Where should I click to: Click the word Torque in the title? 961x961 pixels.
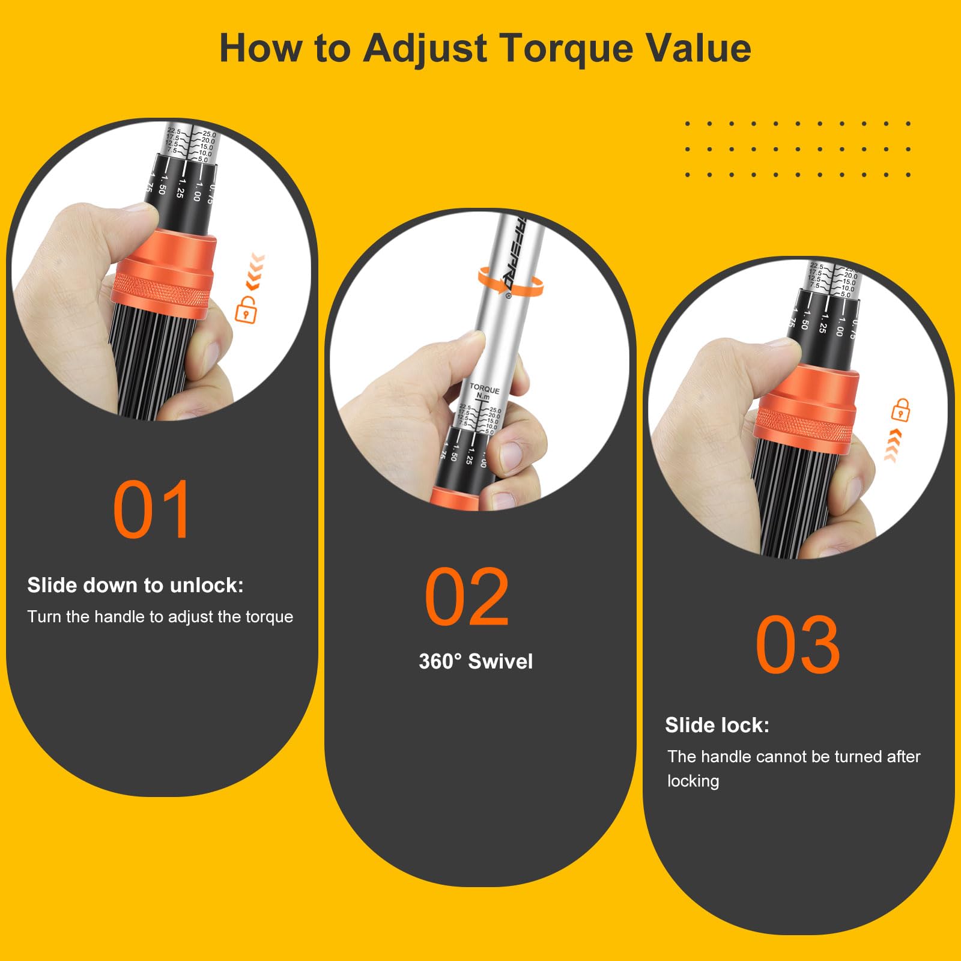[566, 48]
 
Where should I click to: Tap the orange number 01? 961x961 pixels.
[153, 510]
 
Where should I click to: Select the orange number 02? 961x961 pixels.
[467, 597]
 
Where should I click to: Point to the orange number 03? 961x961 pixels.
[797, 645]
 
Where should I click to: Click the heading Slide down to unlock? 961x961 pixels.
[135, 585]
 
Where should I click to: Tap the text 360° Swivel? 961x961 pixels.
[476, 661]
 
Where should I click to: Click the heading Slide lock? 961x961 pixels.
[717, 725]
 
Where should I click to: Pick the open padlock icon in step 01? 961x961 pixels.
[246, 309]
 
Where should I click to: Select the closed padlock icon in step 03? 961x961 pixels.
[900, 410]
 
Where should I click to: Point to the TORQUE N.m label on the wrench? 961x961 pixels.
[484, 392]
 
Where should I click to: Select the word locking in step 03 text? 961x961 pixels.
[693, 781]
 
